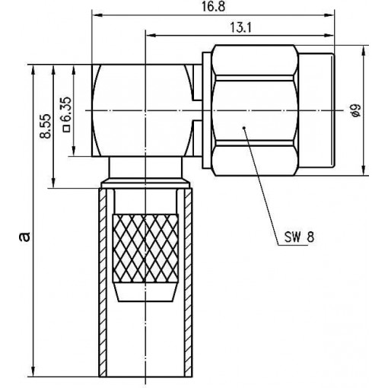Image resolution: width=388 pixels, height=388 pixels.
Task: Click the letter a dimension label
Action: pyautogui.click(x=25, y=237)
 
